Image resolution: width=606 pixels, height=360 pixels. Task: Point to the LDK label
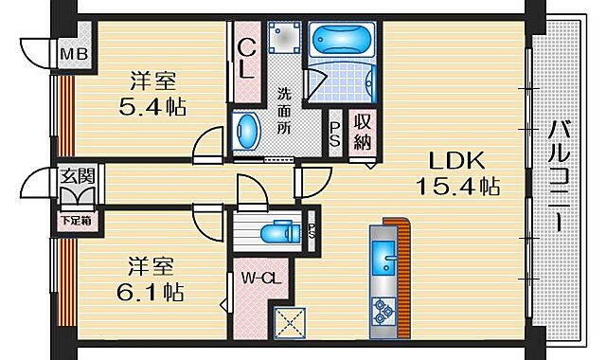tap(459, 159)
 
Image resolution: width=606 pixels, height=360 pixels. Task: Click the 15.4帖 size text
tap(459, 187)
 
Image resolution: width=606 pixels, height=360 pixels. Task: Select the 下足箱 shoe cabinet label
tap(77, 222)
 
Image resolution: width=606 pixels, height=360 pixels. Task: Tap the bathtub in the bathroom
tap(344, 41)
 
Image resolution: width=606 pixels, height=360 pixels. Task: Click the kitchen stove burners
tap(385, 308)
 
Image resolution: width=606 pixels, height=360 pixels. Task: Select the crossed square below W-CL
tap(286, 322)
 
